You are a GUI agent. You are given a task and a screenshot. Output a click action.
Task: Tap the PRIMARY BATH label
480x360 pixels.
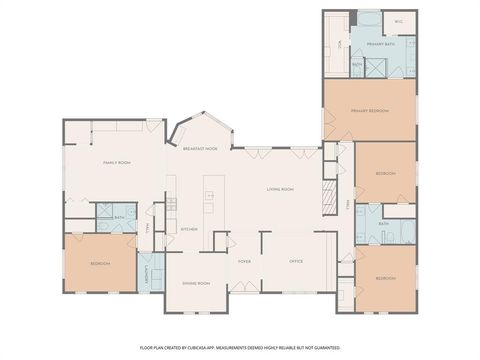[381, 45]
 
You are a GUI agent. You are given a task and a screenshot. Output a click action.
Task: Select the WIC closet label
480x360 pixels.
[398, 20]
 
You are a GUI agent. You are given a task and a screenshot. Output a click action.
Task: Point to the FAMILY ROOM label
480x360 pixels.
[118, 162]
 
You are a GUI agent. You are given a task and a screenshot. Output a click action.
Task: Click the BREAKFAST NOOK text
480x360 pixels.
[200, 148]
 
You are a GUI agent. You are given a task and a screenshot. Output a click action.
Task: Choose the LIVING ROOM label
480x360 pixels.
[280, 189]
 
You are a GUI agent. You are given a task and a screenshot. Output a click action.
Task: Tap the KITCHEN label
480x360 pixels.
[188, 229]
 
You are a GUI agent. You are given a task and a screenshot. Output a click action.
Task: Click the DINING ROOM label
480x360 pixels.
[197, 283]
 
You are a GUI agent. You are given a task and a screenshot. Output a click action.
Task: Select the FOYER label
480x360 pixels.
[244, 261]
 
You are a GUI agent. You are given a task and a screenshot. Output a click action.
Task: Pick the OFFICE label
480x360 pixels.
[296, 261]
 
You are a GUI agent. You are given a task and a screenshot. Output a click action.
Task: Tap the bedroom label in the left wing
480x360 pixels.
[100, 263]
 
